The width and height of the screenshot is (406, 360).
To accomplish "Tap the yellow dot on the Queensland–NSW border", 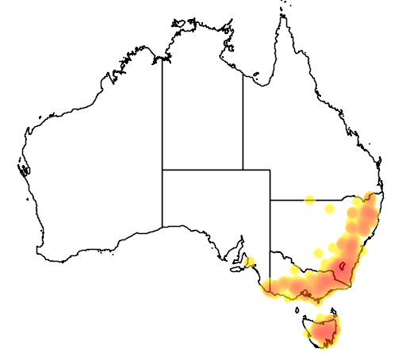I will click(x=309, y=200).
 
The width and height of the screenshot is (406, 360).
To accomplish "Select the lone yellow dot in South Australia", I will click(x=250, y=261).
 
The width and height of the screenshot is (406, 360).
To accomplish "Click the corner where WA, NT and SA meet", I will click(x=163, y=170).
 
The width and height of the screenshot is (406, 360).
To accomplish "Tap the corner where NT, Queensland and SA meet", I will click(x=243, y=170).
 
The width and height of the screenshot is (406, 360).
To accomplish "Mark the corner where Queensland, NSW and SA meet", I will click(x=270, y=200).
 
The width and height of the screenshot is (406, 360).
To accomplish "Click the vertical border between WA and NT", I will click(x=163, y=111).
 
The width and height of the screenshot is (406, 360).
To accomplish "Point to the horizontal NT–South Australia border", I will click(x=202, y=170).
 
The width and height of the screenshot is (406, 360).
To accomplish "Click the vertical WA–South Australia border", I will click(x=163, y=198).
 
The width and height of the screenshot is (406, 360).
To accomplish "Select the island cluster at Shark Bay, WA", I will click(x=21, y=167).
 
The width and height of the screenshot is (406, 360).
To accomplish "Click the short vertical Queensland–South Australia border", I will click(x=270, y=185).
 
